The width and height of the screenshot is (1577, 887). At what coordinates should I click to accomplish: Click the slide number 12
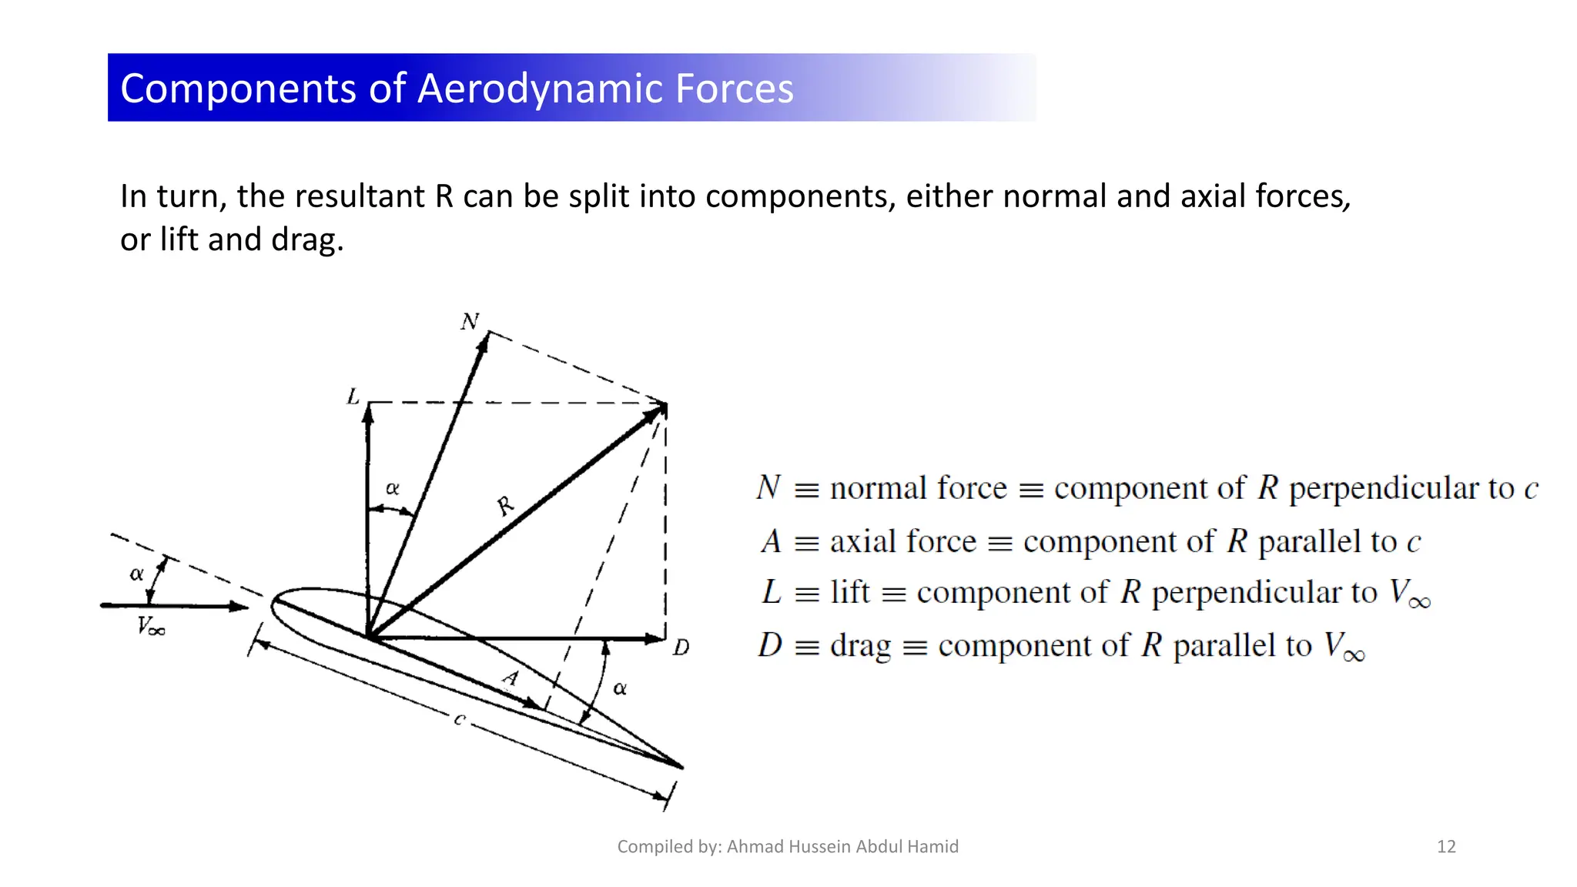pyautogui.click(x=1446, y=847)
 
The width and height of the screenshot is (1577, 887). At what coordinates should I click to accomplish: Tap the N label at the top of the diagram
pyautogui.click(x=470, y=321)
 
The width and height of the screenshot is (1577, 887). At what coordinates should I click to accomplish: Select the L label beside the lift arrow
pyautogui.click(x=353, y=397)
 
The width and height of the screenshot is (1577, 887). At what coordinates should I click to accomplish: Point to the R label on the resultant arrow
pyautogui.click(x=504, y=506)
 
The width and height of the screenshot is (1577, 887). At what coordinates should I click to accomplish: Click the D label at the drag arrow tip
pyautogui.click(x=681, y=648)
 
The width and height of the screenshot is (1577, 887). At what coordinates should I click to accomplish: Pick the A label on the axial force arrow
pyautogui.click(x=511, y=678)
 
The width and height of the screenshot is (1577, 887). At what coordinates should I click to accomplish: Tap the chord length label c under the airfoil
pyautogui.click(x=460, y=719)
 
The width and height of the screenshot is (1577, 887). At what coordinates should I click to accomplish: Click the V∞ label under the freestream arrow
pyautogui.click(x=151, y=627)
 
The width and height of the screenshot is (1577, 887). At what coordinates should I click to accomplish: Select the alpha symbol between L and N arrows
pyautogui.click(x=393, y=488)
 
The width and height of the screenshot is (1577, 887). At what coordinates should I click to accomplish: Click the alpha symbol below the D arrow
pyautogui.click(x=620, y=688)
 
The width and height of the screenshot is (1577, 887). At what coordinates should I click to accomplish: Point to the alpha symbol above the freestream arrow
pyautogui.click(x=137, y=574)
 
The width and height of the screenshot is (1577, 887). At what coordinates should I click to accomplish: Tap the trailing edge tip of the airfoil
pyautogui.click(x=681, y=767)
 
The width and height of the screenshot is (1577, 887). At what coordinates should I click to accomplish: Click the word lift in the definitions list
pyautogui.click(x=850, y=592)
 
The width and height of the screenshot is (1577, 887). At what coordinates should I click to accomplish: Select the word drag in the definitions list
pyautogui.click(x=861, y=645)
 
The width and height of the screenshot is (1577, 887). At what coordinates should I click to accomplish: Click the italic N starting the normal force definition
pyautogui.click(x=768, y=487)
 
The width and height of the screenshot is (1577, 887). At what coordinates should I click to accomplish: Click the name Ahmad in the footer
pyautogui.click(x=754, y=847)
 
